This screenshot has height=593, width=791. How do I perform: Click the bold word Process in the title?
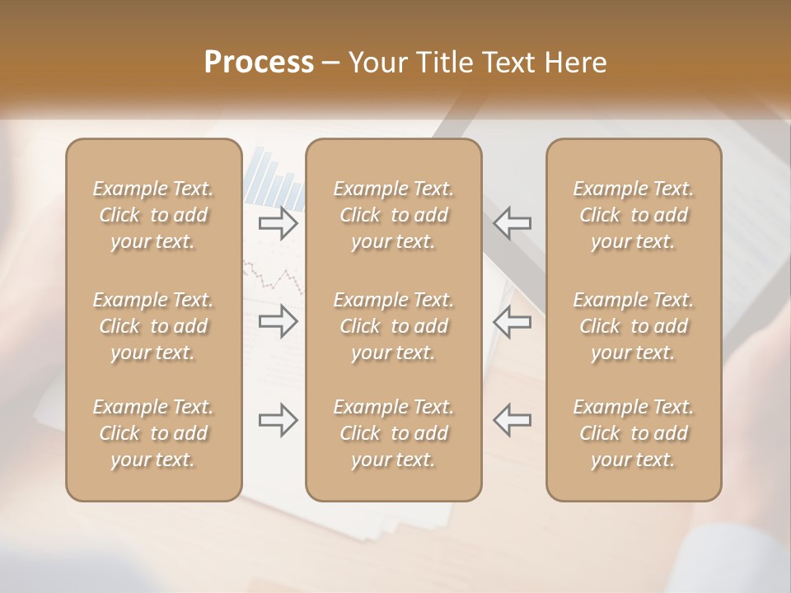[x=259, y=63]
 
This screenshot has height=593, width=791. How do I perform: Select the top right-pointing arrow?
[x=278, y=222]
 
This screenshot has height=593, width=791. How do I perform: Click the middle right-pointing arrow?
[x=278, y=321]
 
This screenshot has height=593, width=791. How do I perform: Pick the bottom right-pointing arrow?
[x=278, y=420]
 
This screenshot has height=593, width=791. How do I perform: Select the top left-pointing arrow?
[x=512, y=222]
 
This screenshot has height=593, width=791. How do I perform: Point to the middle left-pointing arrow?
[x=512, y=321]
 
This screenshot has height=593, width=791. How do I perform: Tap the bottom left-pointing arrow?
[x=512, y=420]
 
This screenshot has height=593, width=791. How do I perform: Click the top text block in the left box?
[x=153, y=215]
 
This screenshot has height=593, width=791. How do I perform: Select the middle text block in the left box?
[x=153, y=326]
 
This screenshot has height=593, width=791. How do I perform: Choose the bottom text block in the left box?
[x=153, y=433]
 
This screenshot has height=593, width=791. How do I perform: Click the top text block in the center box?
[x=394, y=215]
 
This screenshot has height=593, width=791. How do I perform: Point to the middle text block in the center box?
[x=394, y=326]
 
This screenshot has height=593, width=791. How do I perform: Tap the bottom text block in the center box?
[x=394, y=433]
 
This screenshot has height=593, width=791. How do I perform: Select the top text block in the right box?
[x=634, y=215]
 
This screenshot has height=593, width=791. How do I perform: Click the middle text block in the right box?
[x=634, y=326]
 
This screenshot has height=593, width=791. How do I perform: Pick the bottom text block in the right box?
[x=634, y=433]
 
